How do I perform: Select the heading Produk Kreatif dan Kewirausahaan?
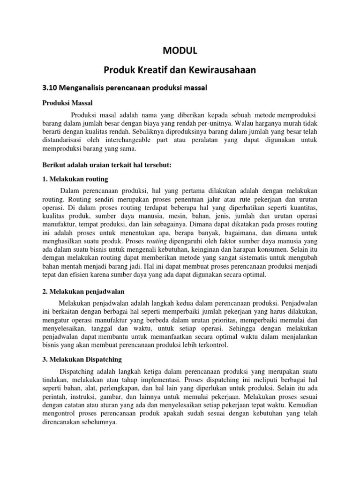coord(180,70)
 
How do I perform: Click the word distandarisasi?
coord(61,140)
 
